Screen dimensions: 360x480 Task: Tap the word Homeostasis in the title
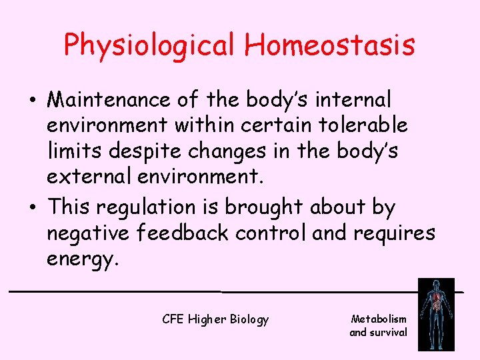pyautogui.click(x=329, y=45)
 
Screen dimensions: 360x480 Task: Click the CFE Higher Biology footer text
pyautogui.click(x=215, y=319)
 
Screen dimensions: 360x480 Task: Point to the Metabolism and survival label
pyautogui.click(x=378, y=325)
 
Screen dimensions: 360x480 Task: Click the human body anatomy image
pyautogui.click(x=435, y=314)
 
